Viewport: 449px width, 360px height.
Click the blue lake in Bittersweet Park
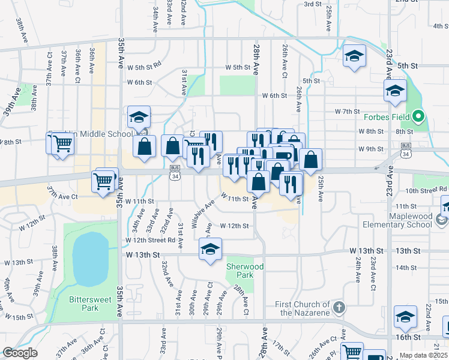click(x=89, y=259)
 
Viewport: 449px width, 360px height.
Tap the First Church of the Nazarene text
click(x=303, y=308)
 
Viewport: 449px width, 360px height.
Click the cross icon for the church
click(x=339, y=308)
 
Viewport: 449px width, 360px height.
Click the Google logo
click(x=20, y=353)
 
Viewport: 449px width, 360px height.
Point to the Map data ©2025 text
click(x=423, y=355)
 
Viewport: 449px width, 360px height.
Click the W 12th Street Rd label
click(x=150, y=240)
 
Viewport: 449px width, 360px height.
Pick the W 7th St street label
click(x=347, y=112)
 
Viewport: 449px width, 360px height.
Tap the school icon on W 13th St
click(x=210, y=249)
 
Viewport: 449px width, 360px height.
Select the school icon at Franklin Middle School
click(x=139, y=116)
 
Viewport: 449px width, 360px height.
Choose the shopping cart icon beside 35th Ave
click(x=103, y=179)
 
